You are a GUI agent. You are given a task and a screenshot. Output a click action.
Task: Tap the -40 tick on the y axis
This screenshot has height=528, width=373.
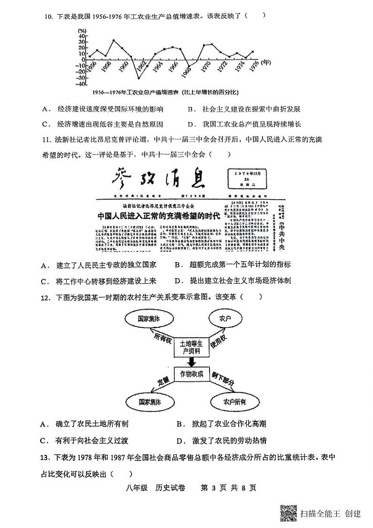pyautogui.click(x=81, y=84)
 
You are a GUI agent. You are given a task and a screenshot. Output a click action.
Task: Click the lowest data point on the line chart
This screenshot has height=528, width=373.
pyautogui.click(x=138, y=78)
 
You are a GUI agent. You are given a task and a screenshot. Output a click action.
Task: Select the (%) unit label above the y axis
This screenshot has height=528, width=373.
pyautogui.click(x=82, y=31)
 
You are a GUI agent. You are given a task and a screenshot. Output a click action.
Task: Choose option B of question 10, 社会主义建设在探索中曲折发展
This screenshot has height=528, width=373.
pyautogui.click(x=244, y=109)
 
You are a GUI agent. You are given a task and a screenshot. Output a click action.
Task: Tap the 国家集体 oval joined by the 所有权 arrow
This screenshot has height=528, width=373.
pyautogui.click(x=149, y=318)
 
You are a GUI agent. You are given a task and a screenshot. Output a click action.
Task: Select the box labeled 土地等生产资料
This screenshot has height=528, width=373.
pyautogui.click(x=191, y=347)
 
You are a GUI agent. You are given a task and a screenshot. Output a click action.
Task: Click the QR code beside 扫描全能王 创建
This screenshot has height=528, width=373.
pyautogui.click(x=288, y=513)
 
